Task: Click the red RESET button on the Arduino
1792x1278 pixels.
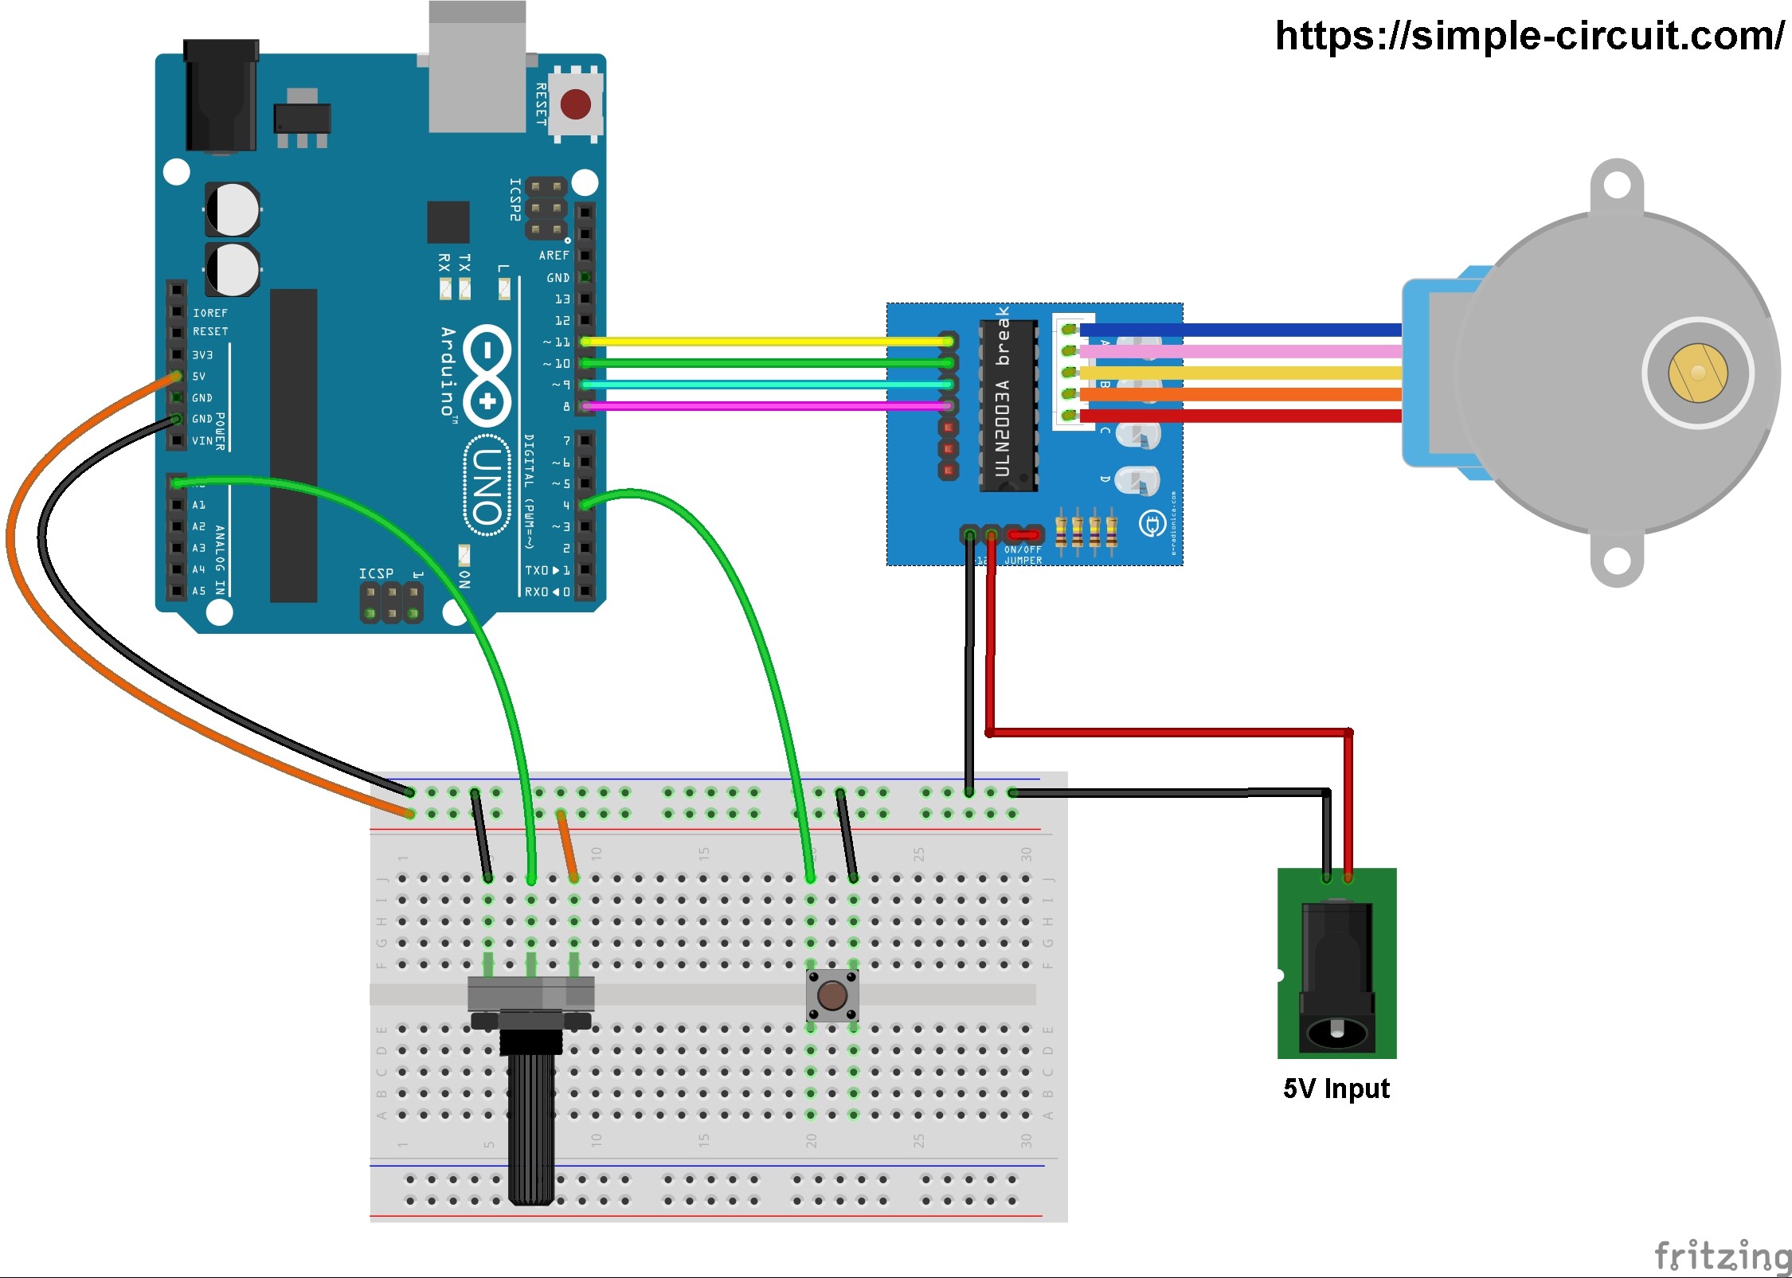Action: pyautogui.click(x=575, y=104)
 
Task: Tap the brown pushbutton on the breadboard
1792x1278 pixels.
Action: pyautogui.click(x=832, y=995)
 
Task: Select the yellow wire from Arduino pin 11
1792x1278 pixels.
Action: pyautogui.click(x=765, y=342)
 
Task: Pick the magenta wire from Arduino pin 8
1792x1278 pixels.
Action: pyautogui.click(x=765, y=406)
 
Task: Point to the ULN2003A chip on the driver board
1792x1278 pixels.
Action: pyautogui.click(x=1008, y=406)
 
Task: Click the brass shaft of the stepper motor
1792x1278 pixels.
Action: pyautogui.click(x=1698, y=373)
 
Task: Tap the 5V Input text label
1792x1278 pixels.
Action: pyautogui.click(x=1336, y=1088)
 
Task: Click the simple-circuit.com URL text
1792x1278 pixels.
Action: pyautogui.click(x=1529, y=36)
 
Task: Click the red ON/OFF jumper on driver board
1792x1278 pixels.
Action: pyautogui.click(x=1023, y=534)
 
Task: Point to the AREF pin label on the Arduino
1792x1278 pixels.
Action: pyautogui.click(x=554, y=256)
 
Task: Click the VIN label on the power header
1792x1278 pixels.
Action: pyautogui.click(x=202, y=440)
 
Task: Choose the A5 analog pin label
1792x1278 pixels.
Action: pyautogui.click(x=198, y=591)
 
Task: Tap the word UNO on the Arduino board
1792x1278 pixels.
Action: pyautogui.click(x=487, y=486)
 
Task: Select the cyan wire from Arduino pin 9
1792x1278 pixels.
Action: pyautogui.click(x=765, y=385)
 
